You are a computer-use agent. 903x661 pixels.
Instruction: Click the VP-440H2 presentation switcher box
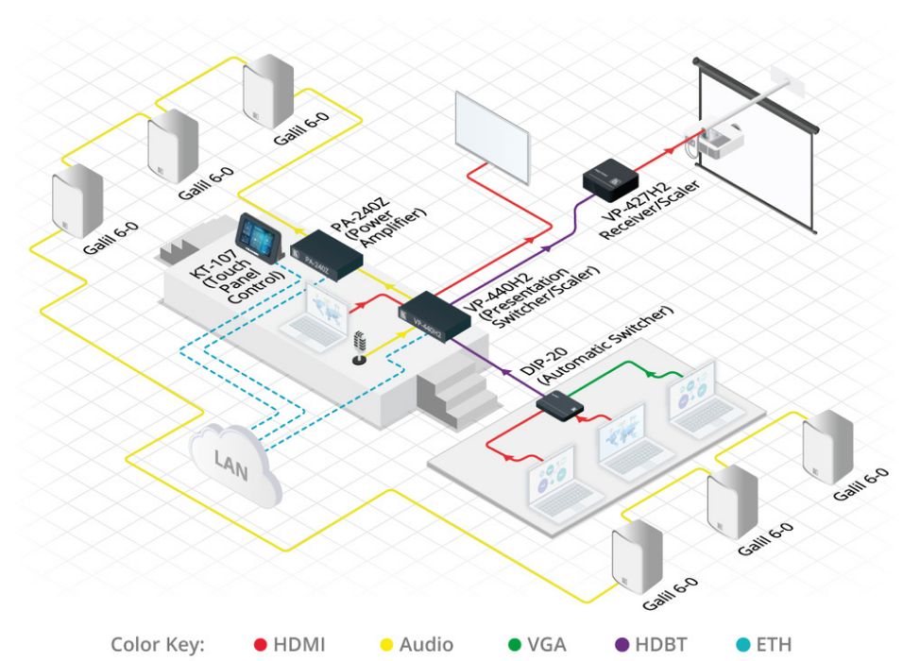[434, 315]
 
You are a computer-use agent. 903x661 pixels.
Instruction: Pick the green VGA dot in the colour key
[514, 644]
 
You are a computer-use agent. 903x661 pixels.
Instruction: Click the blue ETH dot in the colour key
[741, 644]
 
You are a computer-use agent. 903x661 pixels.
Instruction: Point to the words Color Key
[157, 644]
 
